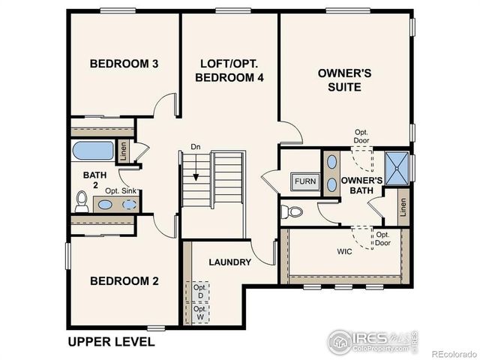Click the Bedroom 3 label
124,64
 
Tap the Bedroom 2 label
124,281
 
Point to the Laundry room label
230,262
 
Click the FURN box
304,181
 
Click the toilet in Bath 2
82,201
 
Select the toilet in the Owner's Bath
292,211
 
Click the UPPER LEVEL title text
111,342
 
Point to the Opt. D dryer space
199,291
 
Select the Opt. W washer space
199,313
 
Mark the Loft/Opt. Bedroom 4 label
229,70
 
